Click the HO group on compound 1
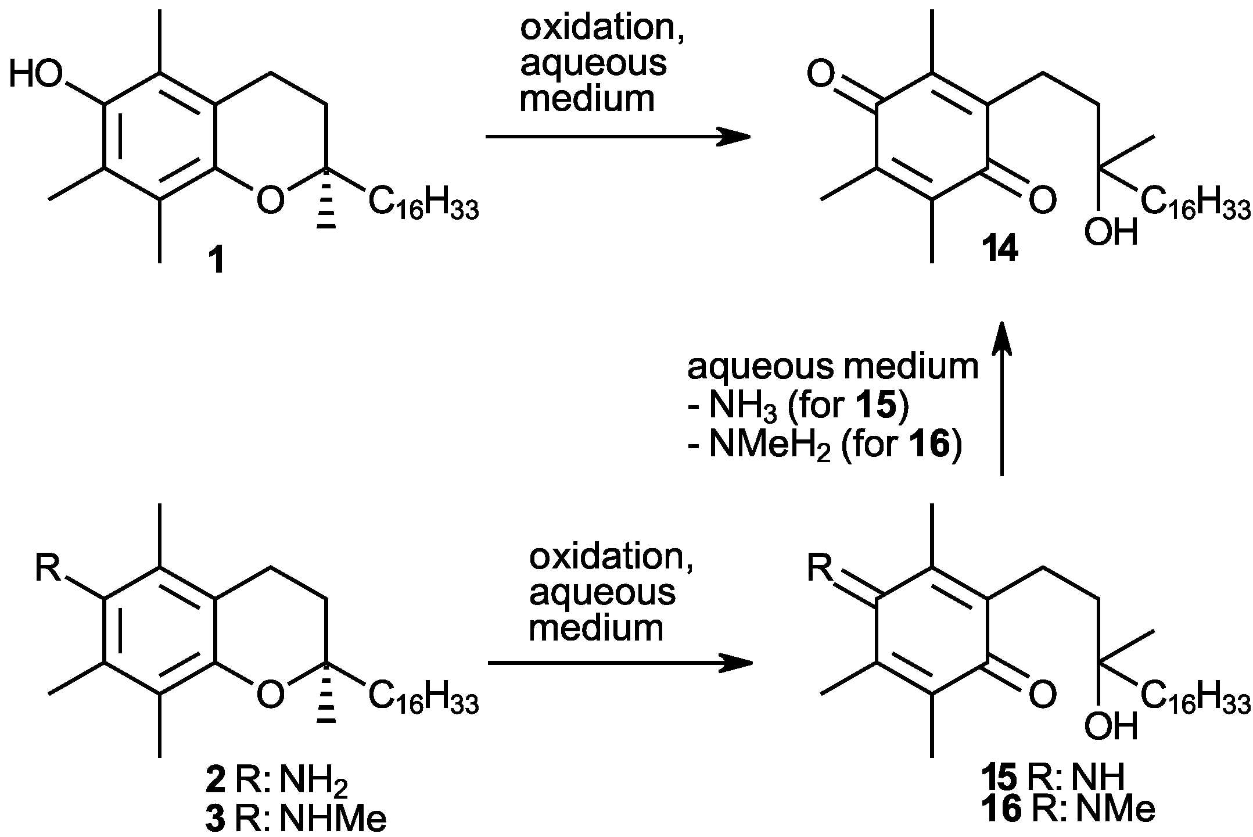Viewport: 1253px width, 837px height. click(36, 75)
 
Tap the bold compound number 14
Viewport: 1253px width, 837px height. click(1000, 251)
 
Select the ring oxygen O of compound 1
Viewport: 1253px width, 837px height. click(271, 200)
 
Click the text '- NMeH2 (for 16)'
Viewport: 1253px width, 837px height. click(824, 448)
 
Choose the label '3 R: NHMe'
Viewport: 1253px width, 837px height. click(296, 820)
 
